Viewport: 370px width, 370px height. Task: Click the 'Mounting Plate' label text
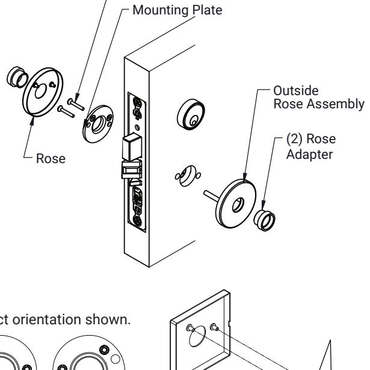177,10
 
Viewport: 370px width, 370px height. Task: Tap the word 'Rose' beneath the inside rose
51,158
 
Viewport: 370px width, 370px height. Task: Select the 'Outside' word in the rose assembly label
296,91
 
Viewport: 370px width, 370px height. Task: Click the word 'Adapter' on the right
309,155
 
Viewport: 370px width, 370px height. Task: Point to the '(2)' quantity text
294,138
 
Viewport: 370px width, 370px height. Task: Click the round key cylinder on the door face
191,114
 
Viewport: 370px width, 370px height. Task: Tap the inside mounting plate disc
98,124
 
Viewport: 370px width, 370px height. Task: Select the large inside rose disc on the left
43,92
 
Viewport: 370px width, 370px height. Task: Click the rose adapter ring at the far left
17,77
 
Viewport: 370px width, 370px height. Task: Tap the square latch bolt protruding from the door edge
132,147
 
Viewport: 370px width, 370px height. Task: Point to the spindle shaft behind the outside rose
211,196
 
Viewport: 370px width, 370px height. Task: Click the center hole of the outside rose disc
238,205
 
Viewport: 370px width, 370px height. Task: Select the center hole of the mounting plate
98,125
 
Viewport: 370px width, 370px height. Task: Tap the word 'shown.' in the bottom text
108,319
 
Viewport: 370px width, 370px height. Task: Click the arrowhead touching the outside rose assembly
245,176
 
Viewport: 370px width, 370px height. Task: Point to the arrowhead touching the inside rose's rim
32,120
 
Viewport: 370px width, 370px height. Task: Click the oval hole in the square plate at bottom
197,336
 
